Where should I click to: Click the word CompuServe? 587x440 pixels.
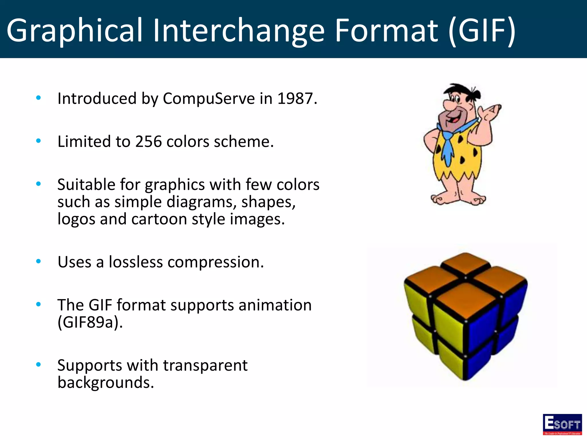tap(209, 99)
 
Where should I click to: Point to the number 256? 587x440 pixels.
tap(148, 142)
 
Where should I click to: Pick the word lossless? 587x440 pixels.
tap(136, 262)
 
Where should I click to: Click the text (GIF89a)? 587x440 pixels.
tap(90, 323)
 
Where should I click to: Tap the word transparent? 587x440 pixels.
tap(205, 366)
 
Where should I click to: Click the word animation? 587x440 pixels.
tap(275, 305)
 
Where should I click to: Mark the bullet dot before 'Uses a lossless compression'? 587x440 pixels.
tap(38, 261)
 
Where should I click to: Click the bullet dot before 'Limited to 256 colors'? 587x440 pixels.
tap(38, 141)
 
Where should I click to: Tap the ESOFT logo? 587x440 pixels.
tap(562, 424)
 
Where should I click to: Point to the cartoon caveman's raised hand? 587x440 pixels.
tap(492, 112)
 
